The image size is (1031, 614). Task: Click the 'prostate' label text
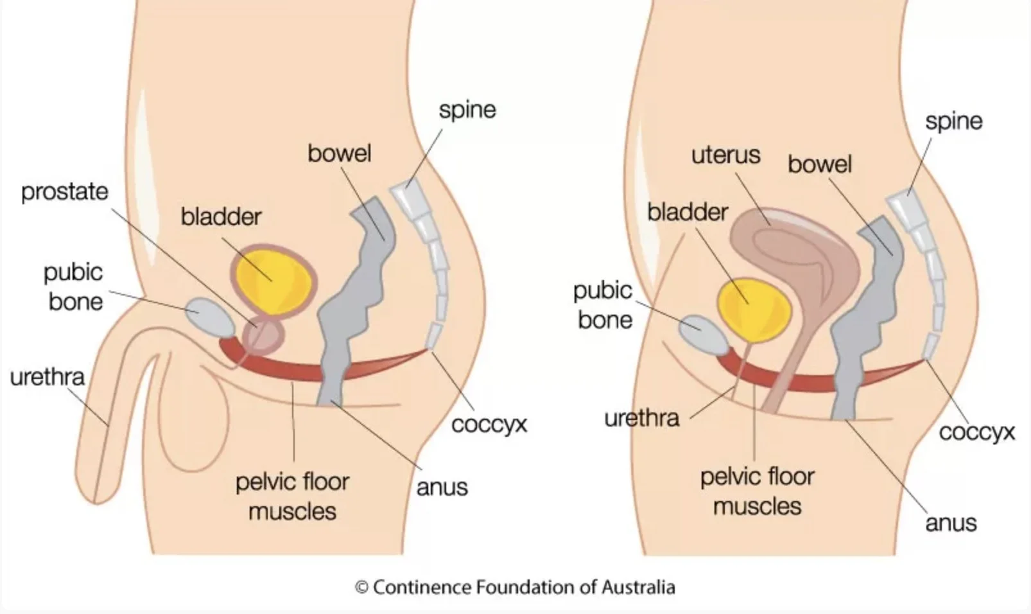65,191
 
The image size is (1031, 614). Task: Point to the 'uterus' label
725,155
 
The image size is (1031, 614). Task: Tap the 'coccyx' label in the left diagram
489,425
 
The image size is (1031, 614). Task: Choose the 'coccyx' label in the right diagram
976,432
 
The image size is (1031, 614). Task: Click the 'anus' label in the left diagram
442,487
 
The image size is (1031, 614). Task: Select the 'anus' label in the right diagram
950,523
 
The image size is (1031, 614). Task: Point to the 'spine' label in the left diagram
467,110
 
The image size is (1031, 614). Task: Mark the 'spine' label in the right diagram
953,121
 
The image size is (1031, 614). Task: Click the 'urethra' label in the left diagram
47,377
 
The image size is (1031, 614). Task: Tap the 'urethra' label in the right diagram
641,418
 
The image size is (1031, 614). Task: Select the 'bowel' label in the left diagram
339,153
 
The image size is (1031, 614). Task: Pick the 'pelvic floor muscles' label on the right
757,491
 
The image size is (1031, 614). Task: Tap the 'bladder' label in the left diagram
221,216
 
